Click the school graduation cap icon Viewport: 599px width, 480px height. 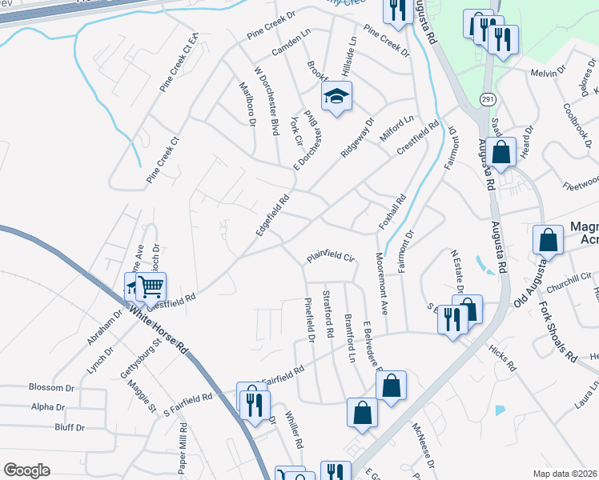click(337, 98)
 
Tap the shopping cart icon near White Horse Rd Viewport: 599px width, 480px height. click(151, 285)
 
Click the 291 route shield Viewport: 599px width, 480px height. click(488, 98)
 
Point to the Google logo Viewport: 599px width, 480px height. click(26, 470)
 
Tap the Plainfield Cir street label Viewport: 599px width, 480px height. click(328, 258)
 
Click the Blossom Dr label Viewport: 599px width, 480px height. click(51, 387)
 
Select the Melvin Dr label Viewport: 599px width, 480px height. click(548, 73)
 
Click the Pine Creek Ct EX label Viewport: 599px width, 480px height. click(179, 63)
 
